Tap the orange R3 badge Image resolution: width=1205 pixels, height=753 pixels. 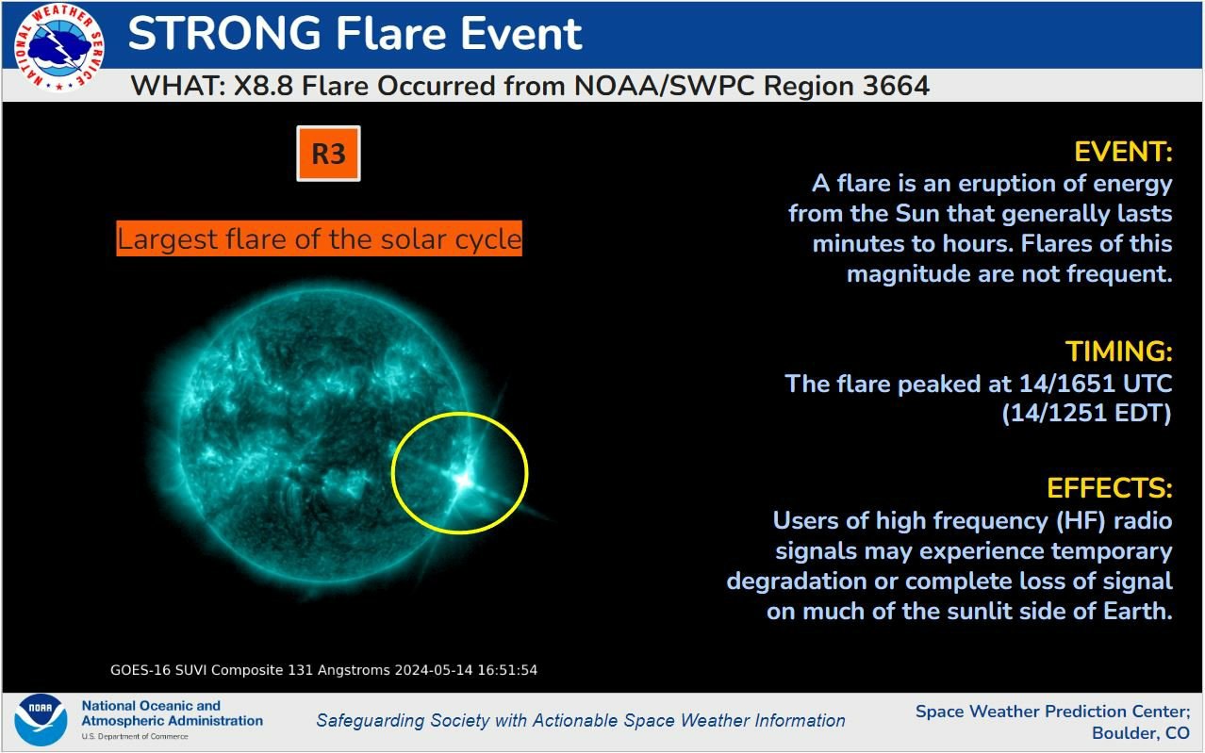coord(329,154)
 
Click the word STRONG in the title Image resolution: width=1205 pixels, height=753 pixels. coord(224,33)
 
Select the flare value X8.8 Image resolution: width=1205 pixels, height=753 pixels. coord(263,86)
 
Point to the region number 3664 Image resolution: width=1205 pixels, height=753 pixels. coord(897,86)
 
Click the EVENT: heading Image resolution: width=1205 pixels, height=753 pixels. coord(1123,152)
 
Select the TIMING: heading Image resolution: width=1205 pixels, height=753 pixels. coord(1119,352)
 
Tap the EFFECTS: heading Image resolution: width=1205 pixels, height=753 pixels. coord(1109,488)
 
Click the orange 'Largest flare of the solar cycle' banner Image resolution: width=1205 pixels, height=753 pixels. coord(319,238)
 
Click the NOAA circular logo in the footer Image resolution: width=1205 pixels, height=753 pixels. coord(41,720)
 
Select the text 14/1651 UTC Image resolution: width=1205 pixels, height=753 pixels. coord(1096,384)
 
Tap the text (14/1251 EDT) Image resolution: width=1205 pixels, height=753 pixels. coord(1086,414)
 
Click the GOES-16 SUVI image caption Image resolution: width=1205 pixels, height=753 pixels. coord(323,670)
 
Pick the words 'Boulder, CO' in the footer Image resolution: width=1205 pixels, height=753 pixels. coord(1141,733)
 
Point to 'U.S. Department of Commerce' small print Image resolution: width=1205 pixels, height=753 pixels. coord(135,736)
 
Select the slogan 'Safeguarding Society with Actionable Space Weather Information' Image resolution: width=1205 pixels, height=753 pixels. coord(581,720)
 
